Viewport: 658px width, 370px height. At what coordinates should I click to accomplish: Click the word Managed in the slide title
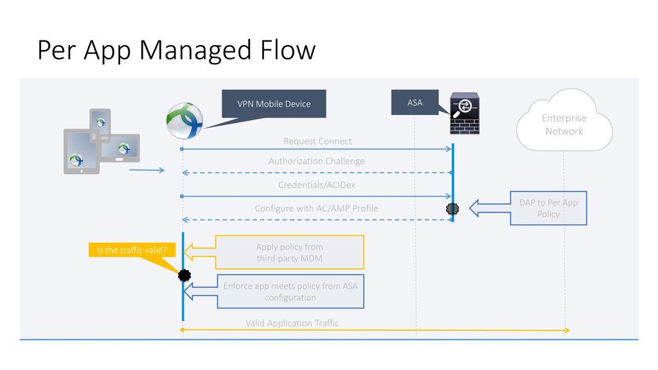(195, 50)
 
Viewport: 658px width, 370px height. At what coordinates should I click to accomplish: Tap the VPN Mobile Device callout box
(274, 103)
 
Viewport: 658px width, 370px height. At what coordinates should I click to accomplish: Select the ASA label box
(414, 102)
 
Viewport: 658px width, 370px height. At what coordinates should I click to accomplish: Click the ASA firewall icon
(465, 113)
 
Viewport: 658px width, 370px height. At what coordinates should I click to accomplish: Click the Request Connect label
(317, 141)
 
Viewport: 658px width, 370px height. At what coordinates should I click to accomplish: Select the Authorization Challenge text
(316, 161)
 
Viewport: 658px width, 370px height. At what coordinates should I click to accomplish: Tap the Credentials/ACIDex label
(316, 185)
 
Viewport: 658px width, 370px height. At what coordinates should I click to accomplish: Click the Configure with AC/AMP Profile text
(316, 209)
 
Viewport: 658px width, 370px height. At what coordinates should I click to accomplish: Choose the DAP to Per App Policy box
(549, 208)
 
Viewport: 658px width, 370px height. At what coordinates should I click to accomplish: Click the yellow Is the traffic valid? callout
(132, 250)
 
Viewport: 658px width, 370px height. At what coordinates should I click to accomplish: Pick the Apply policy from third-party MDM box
(290, 252)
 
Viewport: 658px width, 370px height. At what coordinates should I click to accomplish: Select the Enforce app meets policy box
(290, 292)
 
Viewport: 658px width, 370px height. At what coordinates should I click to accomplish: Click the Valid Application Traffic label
(292, 323)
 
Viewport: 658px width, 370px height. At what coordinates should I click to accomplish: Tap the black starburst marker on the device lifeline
(184, 275)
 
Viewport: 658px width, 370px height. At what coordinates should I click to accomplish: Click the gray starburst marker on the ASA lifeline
(452, 209)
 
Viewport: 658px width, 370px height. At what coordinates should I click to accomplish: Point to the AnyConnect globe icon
(184, 121)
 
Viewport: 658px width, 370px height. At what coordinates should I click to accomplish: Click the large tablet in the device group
(82, 152)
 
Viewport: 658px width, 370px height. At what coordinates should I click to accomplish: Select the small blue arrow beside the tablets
(147, 170)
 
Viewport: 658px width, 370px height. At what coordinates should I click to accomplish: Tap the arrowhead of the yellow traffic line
(567, 330)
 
